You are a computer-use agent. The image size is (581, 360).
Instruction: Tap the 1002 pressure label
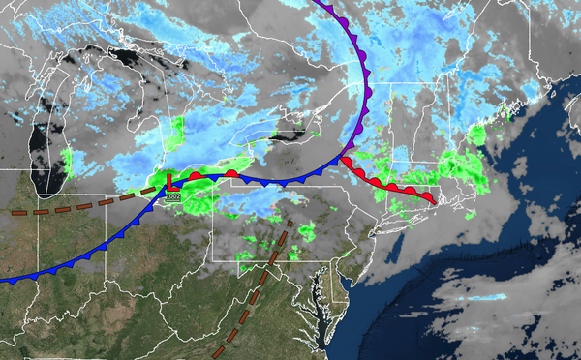173,196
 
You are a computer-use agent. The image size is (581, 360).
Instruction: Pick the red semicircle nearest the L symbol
196,175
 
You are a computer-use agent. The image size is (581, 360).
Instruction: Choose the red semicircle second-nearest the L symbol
231,172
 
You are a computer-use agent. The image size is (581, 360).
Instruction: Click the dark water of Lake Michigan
39,145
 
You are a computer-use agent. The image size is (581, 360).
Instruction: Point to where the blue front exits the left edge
3,281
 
